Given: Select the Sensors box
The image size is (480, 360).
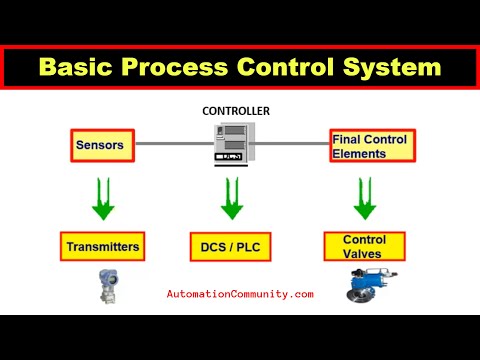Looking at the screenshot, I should click(x=101, y=146).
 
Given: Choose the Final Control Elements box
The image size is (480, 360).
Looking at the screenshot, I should click(x=369, y=146).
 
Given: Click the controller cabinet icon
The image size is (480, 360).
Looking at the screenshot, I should click(x=232, y=145).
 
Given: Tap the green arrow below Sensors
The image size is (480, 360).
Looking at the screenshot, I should click(x=101, y=198).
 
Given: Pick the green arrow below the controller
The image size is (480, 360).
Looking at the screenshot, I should click(x=232, y=198).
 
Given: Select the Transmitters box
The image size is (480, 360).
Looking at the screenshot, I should click(x=101, y=246).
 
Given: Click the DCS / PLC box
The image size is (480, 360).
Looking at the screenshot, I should click(x=232, y=246).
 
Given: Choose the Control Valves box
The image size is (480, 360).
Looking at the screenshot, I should click(x=364, y=246).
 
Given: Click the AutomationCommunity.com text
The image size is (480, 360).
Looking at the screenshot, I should click(x=240, y=294).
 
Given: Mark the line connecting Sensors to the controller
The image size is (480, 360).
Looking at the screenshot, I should click(x=170, y=143).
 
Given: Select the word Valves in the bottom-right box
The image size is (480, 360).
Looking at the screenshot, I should click(x=364, y=253).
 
